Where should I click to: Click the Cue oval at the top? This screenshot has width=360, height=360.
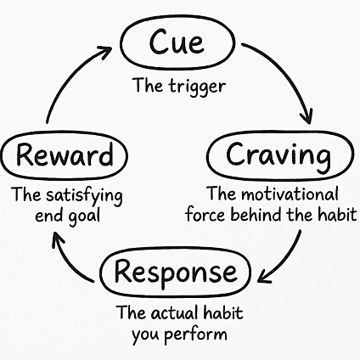click(x=177, y=18)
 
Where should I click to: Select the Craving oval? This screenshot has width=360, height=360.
click(x=281, y=132)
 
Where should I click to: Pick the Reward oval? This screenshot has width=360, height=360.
click(x=64, y=134)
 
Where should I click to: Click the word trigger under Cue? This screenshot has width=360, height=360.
click(x=198, y=87)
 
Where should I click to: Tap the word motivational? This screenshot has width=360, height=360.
click(x=290, y=194)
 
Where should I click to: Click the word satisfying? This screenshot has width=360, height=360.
click(x=85, y=196)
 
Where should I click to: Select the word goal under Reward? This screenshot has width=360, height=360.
click(x=84, y=217)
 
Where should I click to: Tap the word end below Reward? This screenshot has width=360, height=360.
click(x=50, y=217)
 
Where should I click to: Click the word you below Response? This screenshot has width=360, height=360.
click(x=146, y=335)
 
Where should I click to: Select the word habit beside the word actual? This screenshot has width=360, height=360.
click(x=222, y=313)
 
